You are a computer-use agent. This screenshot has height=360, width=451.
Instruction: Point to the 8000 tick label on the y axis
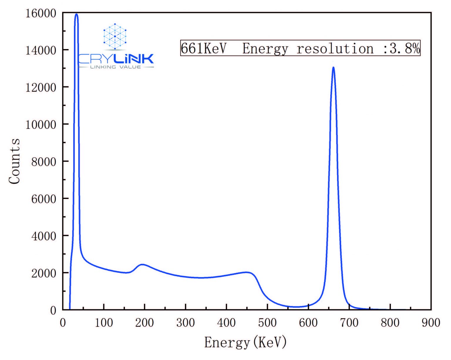coord(43,162)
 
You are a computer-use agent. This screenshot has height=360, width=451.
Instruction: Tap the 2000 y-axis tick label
coord(43,273)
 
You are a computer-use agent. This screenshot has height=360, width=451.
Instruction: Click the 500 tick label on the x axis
coord(267,323)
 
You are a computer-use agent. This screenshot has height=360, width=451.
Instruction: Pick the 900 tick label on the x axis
coord(431,323)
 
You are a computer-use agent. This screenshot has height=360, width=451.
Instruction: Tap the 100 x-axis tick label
coord(104,323)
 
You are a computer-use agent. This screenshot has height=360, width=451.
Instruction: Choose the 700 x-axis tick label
coord(349,323)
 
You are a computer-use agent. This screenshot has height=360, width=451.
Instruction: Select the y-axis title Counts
coord(14,161)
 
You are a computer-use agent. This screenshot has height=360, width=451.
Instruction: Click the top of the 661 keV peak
coord(333,68)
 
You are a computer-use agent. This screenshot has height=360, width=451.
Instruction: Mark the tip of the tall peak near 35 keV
coord(76,14)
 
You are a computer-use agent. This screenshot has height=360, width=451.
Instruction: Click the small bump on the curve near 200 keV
coord(143,264)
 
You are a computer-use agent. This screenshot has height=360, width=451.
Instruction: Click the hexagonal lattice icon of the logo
coord(115,36)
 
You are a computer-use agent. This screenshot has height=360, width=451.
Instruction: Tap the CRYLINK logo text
coord(116,59)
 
